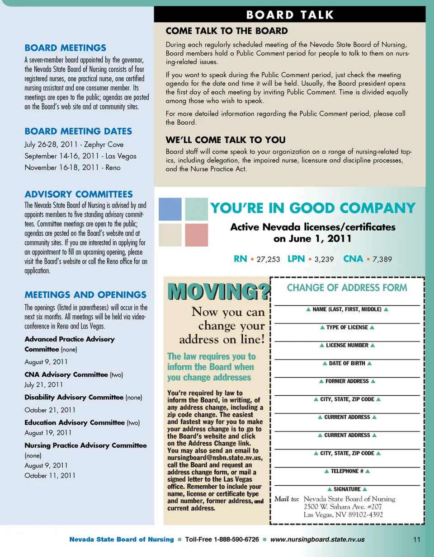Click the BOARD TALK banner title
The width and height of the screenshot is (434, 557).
pyautogui.click(x=290, y=14)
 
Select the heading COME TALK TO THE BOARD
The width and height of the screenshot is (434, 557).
pyautogui.click(x=226, y=31)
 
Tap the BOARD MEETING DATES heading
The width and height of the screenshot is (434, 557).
pyautogui.click(x=78, y=131)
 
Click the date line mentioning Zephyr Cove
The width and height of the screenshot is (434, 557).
pyautogui.click(x=74, y=145)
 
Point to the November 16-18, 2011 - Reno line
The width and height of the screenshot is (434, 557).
pyautogui.click(x=72, y=168)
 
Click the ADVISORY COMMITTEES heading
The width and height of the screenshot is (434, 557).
pyautogui.click(x=79, y=194)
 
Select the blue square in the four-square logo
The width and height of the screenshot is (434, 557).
pyautogui.click(x=170, y=209)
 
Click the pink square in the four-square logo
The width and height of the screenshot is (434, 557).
pyautogui.click(x=196, y=235)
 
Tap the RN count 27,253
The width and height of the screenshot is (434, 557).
pyautogui.click(x=268, y=259)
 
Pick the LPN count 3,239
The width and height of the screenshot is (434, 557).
pyautogui.click(x=324, y=259)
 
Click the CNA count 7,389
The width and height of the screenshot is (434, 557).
pyautogui.click(x=382, y=259)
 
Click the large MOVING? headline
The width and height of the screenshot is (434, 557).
pyautogui.click(x=218, y=292)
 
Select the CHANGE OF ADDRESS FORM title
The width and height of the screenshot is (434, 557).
pyautogui.click(x=347, y=288)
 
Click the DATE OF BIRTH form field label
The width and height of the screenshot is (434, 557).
pyautogui.click(x=347, y=363)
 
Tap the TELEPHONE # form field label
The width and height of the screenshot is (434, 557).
pyautogui.click(x=347, y=471)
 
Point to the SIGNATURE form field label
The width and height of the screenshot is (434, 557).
pyautogui.click(x=347, y=489)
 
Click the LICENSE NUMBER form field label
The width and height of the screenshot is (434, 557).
pyautogui.click(x=347, y=345)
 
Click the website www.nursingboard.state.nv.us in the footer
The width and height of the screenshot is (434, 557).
pyautogui.click(x=317, y=539)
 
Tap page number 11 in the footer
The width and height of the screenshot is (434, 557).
pyautogui.click(x=416, y=539)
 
